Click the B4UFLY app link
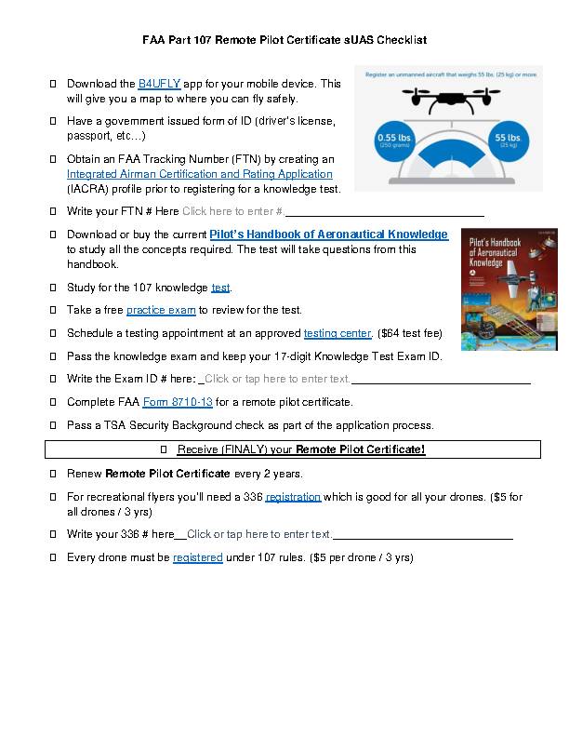pyautogui.click(x=159, y=84)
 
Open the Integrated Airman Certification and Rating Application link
pyautogui.click(x=199, y=174)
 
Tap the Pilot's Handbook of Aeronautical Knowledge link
pyautogui.click(x=328, y=234)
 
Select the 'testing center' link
pyautogui.click(x=337, y=333)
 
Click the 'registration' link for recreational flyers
pyautogui.click(x=293, y=497)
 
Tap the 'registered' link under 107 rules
pyautogui.click(x=197, y=557)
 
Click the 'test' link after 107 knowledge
pyautogui.click(x=220, y=288)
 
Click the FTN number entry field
pyautogui.click(x=232, y=211)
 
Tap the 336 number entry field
pyautogui.click(x=259, y=534)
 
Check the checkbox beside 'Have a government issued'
pyautogui.click(x=52, y=121)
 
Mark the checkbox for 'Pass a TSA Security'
pyautogui.click(x=52, y=425)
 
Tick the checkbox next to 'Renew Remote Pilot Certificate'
pyautogui.click(x=52, y=474)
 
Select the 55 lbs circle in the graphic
pyautogui.click(x=509, y=141)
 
